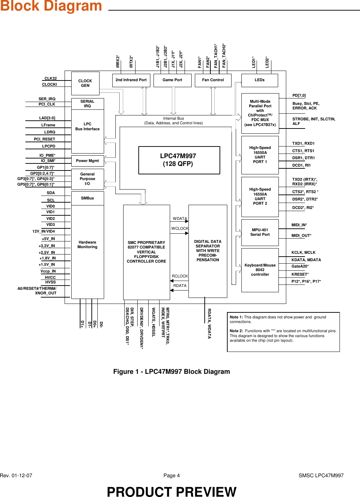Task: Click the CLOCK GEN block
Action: [x=85, y=83]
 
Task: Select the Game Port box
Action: [x=172, y=80]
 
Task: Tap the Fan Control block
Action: [x=213, y=80]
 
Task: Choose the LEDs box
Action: [x=259, y=80]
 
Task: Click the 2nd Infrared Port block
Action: [x=131, y=80]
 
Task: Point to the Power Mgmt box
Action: [x=88, y=161]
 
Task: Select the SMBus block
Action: [x=88, y=198]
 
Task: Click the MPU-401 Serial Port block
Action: [x=260, y=232]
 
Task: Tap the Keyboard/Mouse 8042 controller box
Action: [x=260, y=270]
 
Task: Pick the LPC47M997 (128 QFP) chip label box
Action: [x=179, y=160]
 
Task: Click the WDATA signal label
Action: [x=180, y=219]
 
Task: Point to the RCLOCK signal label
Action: [x=180, y=276]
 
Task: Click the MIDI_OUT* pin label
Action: [x=301, y=235]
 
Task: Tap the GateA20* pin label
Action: [x=300, y=267]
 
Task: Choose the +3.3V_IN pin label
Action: [x=47, y=246]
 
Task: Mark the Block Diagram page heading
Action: [x=51, y=6]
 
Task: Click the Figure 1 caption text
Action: [x=172, y=372]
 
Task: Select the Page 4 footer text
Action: [x=172, y=475]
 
